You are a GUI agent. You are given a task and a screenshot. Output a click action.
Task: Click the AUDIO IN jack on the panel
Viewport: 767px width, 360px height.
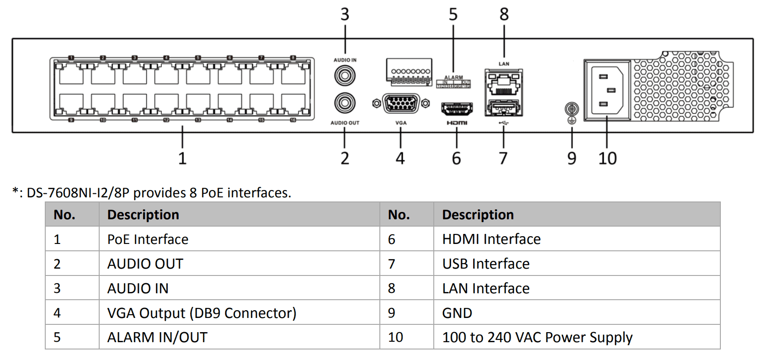[345, 75]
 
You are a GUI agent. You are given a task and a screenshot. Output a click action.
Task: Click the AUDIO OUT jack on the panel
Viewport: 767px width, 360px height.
[345, 103]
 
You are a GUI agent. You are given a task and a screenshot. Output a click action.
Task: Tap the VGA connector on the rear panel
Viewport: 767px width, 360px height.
[401, 104]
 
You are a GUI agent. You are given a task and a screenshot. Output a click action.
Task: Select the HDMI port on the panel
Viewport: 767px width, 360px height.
[457, 109]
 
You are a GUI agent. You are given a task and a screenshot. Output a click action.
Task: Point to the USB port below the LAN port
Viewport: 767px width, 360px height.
[503, 108]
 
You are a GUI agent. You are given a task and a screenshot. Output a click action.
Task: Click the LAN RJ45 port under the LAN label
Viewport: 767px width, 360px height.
[503, 83]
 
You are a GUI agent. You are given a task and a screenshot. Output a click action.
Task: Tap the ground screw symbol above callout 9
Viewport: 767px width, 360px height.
[572, 109]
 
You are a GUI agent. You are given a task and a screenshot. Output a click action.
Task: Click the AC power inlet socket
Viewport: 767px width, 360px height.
[607, 90]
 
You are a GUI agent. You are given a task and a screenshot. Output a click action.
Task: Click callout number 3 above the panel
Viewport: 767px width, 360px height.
[345, 15]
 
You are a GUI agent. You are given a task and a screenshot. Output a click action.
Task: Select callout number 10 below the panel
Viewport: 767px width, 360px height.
[607, 159]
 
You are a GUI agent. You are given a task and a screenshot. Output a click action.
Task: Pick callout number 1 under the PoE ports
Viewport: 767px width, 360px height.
[182, 159]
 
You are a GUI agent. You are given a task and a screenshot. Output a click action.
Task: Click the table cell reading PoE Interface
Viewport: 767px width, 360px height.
[148, 239]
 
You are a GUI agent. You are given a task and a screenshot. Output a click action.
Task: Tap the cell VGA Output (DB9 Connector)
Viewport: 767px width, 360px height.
[202, 313]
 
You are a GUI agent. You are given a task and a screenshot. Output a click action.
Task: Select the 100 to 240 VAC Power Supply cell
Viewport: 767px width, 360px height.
[537, 338]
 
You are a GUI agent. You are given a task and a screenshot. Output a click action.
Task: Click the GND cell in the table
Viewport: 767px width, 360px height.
[457, 313]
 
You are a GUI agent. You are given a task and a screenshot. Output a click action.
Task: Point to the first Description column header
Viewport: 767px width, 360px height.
[143, 215]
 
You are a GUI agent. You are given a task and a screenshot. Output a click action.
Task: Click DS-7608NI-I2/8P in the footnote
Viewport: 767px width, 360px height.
[78, 193]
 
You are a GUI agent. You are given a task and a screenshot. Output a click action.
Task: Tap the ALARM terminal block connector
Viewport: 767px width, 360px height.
[409, 72]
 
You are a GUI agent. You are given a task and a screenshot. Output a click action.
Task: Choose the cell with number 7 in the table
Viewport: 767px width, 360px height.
[392, 264]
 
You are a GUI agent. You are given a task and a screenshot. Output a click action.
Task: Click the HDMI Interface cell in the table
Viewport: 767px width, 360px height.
[491, 239]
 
